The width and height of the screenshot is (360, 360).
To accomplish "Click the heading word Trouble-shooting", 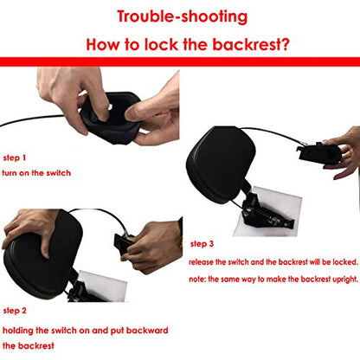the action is pos(183,16).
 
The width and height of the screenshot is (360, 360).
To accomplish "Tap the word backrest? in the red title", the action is pos(251,44).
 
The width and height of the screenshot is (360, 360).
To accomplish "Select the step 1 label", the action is pos(15,157).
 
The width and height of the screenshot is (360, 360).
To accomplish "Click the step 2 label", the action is pos(15,311).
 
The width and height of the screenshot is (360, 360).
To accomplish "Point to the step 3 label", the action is pos(202,244).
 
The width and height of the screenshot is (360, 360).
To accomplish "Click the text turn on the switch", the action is pos(36,173).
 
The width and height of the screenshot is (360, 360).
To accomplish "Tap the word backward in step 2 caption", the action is pos(147,331).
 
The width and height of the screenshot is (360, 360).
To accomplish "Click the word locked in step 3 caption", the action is pos(345,262).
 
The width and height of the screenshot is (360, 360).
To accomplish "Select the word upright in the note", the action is pos(345,280).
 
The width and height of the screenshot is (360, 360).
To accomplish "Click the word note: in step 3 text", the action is pos(197,280).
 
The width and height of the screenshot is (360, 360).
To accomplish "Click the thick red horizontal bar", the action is pos(180,61).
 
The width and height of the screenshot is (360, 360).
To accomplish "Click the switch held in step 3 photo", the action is pos(318,153).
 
